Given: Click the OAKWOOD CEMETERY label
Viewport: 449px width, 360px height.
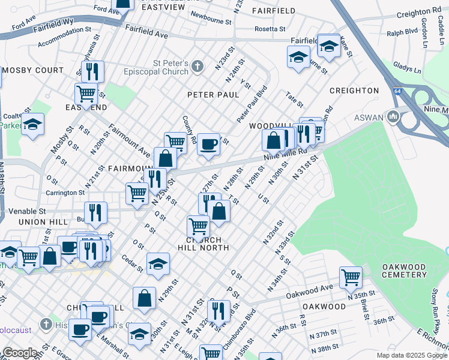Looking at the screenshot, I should (404, 271).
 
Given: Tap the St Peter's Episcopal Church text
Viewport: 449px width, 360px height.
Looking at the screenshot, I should (170, 68).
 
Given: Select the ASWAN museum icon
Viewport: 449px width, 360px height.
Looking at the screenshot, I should (394, 115).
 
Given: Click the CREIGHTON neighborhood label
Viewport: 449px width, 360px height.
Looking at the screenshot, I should (354, 91).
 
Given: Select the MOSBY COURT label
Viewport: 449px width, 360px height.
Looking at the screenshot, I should (33, 70).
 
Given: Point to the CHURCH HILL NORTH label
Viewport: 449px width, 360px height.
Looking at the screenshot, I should (203, 243).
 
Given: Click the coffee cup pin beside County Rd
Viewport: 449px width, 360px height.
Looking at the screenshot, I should (208, 144).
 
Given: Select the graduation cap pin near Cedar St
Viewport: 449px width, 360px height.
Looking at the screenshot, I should (158, 264).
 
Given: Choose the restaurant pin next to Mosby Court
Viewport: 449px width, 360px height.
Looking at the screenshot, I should (92, 71).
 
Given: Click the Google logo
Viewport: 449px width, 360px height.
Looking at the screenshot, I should (20, 353).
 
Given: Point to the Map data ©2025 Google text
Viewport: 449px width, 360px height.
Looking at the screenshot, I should (411, 355).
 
